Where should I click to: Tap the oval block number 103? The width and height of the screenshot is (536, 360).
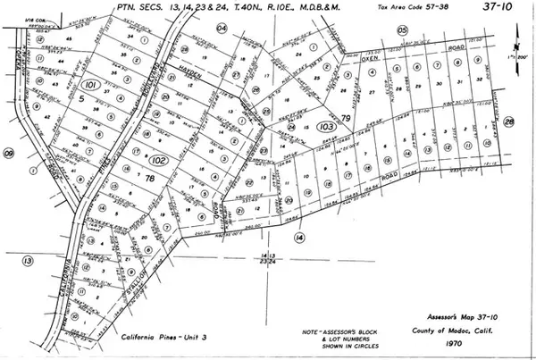[x=324, y=128]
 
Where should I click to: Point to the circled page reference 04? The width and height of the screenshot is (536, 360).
[x=222, y=29]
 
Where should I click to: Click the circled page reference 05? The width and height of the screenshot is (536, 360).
[x=403, y=30]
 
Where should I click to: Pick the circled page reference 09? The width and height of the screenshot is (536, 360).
[x=9, y=154]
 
